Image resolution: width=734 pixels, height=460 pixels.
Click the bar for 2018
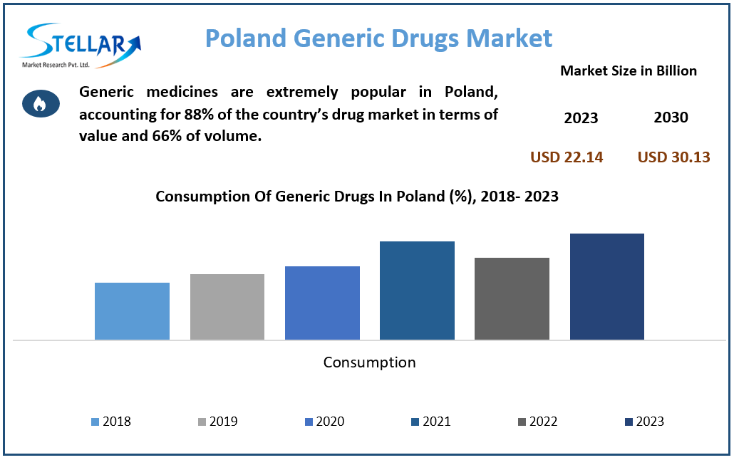(132, 311)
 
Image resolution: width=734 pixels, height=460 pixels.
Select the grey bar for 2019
(227, 307)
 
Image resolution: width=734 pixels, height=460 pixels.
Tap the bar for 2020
(322, 303)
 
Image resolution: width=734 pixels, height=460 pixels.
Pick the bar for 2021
(417, 291)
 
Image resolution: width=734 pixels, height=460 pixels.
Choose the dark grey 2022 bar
(512, 298)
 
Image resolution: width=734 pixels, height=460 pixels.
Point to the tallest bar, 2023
(606, 286)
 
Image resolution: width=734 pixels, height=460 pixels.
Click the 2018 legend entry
(111, 422)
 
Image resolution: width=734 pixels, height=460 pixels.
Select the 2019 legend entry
(218, 422)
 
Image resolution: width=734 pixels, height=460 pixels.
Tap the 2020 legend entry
(324, 422)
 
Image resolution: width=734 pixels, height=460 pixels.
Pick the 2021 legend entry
(431, 422)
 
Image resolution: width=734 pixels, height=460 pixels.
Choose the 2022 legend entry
(537, 422)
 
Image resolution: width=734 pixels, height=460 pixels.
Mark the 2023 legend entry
(644, 422)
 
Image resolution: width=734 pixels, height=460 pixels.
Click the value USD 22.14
(567, 157)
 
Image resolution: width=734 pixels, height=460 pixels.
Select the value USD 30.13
(673, 157)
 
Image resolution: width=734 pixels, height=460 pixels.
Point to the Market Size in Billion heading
(628, 70)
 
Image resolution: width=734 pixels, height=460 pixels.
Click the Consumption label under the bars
(369, 362)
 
